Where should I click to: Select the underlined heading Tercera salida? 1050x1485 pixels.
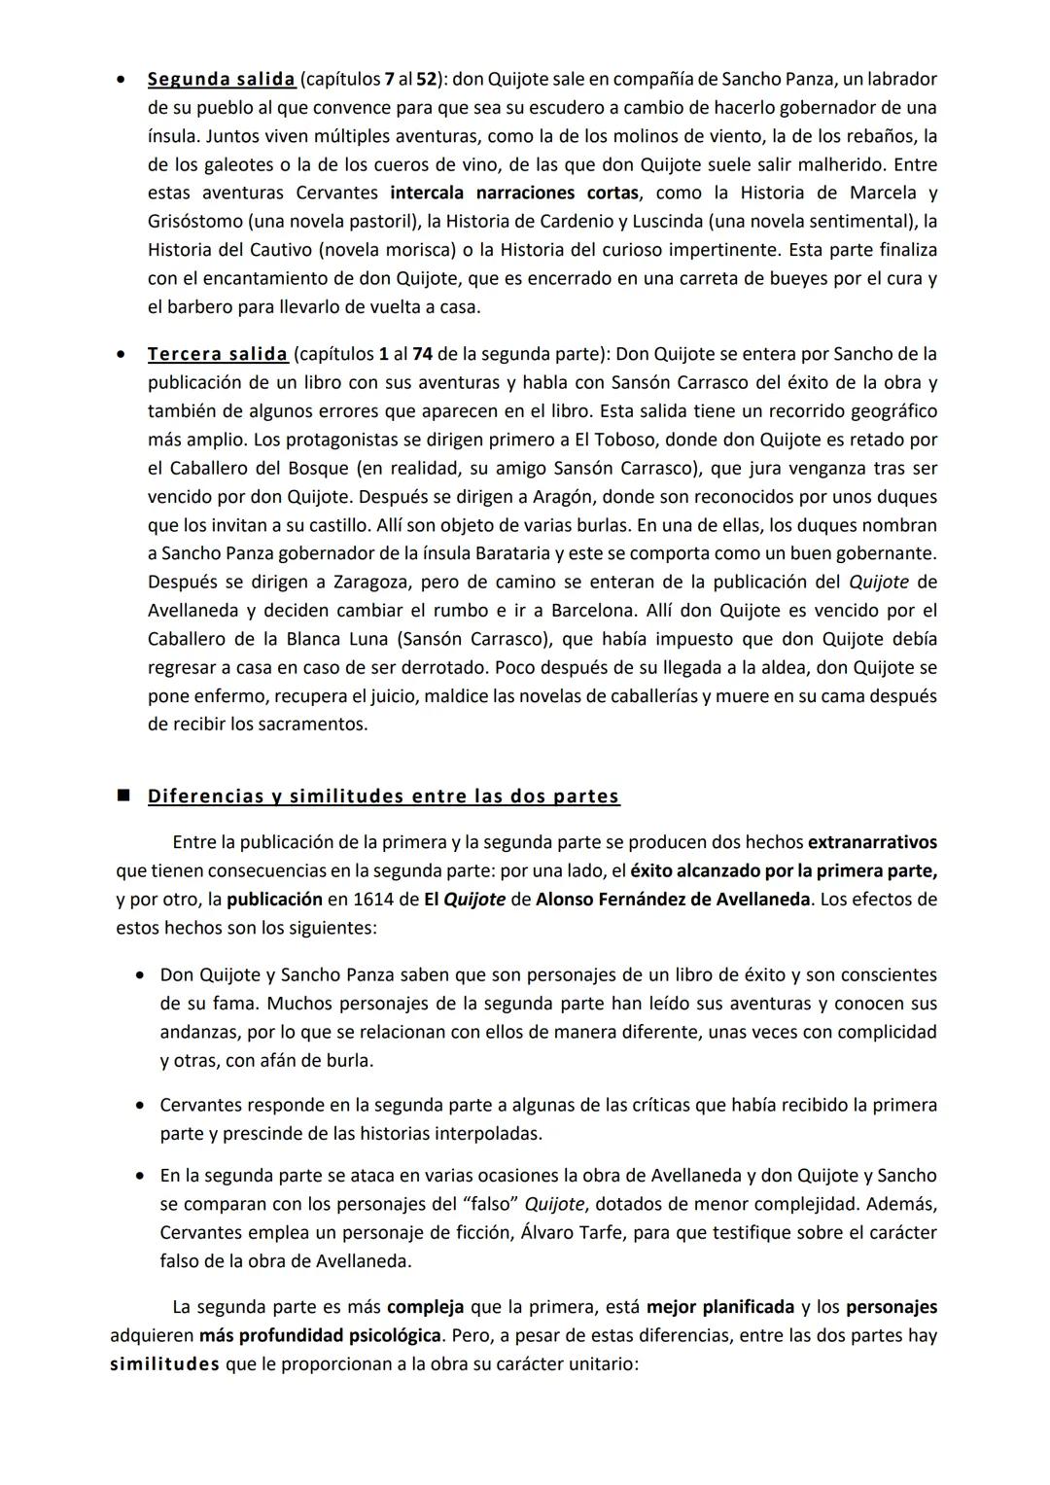pyautogui.click(x=217, y=354)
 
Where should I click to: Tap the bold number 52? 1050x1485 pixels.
pyautogui.click(x=428, y=79)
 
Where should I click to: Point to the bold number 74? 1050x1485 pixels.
pyautogui.click(x=422, y=354)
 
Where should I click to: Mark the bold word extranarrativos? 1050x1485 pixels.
pyautogui.click(x=872, y=842)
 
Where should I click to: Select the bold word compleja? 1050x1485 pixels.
pyautogui.click(x=425, y=1307)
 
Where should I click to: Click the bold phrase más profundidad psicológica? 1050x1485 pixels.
pyautogui.click(x=320, y=1335)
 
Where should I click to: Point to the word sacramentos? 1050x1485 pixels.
pyautogui.click(x=319, y=725)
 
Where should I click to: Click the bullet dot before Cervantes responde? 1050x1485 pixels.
pyautogui.click(x=142, y=1106)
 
